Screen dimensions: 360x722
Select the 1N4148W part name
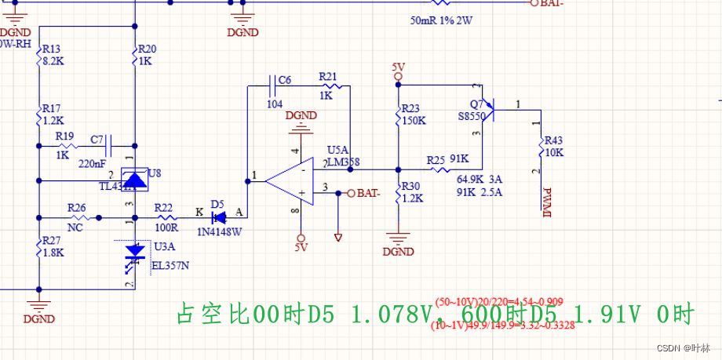[x=220, y=231]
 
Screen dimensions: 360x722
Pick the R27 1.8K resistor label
[x=52, y=245]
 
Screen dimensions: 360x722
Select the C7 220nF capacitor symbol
[x=111, y=147]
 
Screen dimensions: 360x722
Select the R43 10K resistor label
[x=553, y=146]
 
